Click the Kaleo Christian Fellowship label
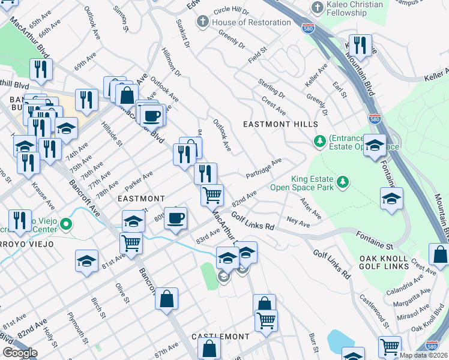click(354, 9)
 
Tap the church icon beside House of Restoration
click(203, 22)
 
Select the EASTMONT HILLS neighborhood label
click(280, 124)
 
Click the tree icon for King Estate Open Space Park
click(342, 181)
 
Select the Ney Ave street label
click(298, 223)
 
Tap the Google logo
click(20, 352)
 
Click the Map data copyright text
click(423, 355)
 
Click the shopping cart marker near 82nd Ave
click(212, 195)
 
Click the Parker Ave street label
click(139, 178)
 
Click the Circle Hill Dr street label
click(231, 11)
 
